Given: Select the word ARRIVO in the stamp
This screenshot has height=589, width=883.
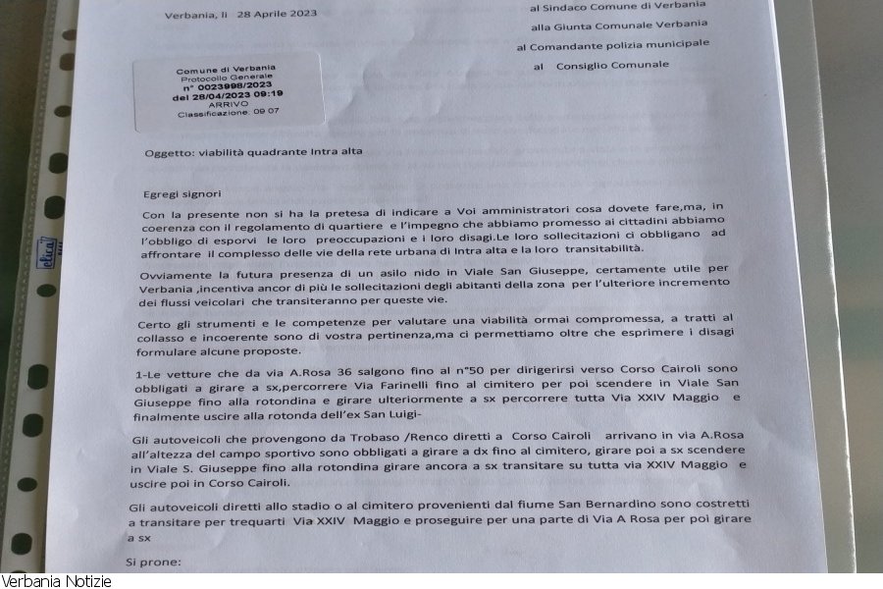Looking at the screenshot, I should (x=229, y=105).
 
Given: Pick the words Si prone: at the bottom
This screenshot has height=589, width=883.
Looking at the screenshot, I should (x=154, y=563).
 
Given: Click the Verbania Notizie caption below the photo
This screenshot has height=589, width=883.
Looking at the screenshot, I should (x=56, y=581).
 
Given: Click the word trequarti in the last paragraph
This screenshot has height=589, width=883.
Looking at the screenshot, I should (x=251, y=525).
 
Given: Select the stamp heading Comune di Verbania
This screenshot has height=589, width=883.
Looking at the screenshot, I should (x=227, y=69).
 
